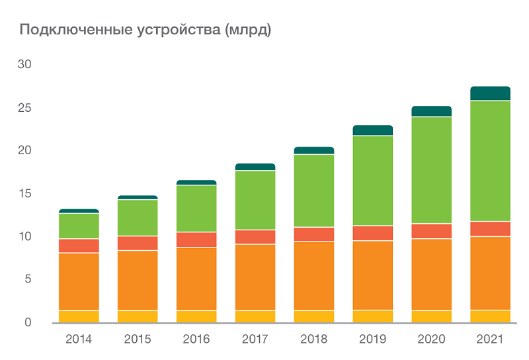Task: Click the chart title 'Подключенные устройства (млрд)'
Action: tap(145, 30)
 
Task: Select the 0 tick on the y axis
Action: tap(28, 322)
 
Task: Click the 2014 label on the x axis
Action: tap(79, 339)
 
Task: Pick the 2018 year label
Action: tap(314, 339)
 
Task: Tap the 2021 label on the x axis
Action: tap(490, 339)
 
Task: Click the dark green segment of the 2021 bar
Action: tap(490, 93)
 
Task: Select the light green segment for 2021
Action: tap(490, 161)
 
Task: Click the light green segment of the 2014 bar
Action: tap(79, 226)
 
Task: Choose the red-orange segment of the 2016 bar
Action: tap(196, 240)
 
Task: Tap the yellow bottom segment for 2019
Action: tap(373, 316)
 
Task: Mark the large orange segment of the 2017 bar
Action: tap(255, 277)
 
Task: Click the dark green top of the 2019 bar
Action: tap(373, 130)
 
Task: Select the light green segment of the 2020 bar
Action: tap(431, 170)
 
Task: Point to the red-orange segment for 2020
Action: tap(431, 231)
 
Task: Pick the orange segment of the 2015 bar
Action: tap(138, 280)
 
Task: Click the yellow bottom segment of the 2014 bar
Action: tap(79, 316)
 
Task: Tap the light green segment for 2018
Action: tap(314, 191)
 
